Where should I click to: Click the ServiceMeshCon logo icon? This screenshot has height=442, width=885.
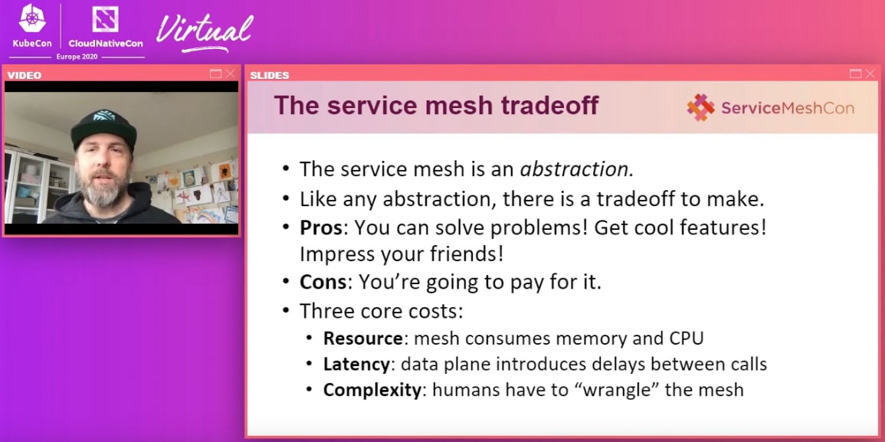700,107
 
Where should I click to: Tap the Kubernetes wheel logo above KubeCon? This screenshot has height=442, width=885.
32,18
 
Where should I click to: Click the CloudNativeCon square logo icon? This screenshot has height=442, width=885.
106,19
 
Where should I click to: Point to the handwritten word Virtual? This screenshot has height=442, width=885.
205,32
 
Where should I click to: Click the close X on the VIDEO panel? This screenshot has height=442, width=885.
231,74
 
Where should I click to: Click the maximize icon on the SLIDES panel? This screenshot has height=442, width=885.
856,74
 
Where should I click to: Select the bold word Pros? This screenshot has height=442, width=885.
320,228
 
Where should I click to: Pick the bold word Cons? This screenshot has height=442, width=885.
323,282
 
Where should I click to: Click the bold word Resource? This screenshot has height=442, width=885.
362,338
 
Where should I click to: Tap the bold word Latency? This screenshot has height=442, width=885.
356,364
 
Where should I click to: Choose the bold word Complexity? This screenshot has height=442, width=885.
372,390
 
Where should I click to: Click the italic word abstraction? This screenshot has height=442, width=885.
576,169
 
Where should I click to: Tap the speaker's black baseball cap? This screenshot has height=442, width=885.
104,128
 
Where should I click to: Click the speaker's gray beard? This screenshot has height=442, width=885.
102,190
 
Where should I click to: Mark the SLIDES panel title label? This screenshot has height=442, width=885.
269,74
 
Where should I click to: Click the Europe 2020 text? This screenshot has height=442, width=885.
77,57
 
